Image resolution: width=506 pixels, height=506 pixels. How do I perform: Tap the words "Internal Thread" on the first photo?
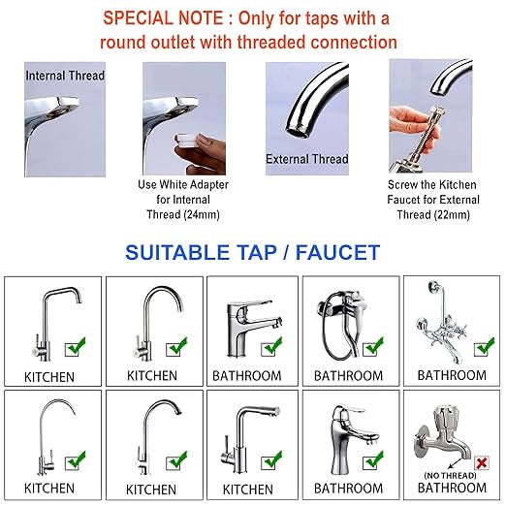[66, 75]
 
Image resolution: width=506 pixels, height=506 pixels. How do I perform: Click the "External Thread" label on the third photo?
[300, 158]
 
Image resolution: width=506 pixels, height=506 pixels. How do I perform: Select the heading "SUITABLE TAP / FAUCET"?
[252, 253]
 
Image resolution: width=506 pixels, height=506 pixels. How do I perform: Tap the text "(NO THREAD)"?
[449, 474]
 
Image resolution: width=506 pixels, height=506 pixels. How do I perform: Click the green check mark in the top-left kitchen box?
[73, 345]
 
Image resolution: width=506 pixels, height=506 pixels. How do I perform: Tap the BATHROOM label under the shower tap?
[348, 375]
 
